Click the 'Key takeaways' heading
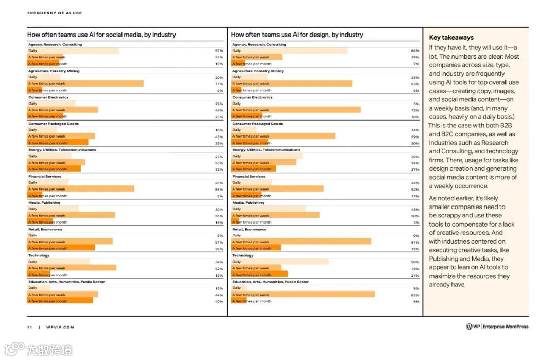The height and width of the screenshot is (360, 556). [451, 37]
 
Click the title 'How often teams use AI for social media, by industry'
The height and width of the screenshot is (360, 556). [101, 35]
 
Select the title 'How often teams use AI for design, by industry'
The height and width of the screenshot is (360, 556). [297, 35]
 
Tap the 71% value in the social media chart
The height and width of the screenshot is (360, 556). [219, 83]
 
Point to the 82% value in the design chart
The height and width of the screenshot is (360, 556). [415, 295]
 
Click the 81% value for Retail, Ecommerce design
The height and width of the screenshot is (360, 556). [415, 242]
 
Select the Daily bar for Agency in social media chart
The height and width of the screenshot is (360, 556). [73, 50]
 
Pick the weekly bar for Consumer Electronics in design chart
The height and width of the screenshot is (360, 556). [296, 110]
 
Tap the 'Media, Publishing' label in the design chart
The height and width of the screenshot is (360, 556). [248, 202]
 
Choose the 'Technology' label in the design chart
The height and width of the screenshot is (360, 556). [242, 255]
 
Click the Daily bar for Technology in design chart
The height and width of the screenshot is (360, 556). [280, 262]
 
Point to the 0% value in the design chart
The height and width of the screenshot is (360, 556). [416, 235]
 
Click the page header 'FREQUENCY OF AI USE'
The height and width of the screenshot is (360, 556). [55, 13]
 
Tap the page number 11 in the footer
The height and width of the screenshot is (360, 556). [29, 327]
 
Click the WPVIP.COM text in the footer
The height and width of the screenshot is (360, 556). [60, 327]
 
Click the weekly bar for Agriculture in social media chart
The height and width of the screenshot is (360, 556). [85, 83]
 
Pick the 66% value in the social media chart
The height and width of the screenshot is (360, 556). [219, 189]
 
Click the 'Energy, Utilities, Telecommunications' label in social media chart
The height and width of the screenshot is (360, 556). [62, 150]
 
